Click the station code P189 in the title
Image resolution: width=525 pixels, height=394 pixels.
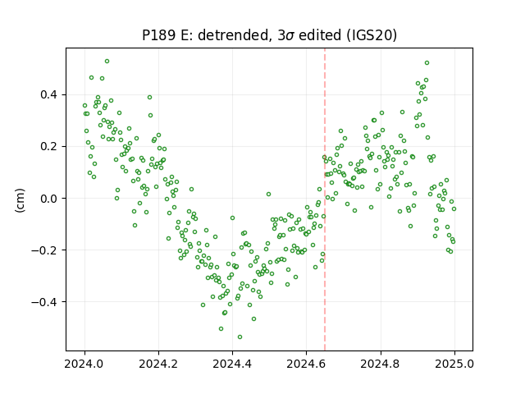[158, 35]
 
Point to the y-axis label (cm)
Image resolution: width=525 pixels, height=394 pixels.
[20, 200]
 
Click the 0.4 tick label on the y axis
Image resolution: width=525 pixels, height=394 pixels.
[49, 95]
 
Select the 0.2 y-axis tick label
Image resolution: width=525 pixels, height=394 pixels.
[49, 147]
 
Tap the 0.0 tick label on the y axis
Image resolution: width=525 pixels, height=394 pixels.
[49, 199]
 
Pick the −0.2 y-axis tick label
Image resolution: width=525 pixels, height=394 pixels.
[44, 250]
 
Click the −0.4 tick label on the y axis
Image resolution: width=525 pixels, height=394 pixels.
[44, 302]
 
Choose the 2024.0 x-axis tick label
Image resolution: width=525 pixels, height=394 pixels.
[84, 364]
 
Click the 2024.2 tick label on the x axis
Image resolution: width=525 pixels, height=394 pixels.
[158, 364]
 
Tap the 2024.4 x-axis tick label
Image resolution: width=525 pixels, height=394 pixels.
[232, 364]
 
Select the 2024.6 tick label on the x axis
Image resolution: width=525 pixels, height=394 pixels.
[306, 364]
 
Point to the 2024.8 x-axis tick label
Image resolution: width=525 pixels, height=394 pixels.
[381, 364]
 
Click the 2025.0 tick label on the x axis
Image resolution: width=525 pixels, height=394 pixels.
[454, 364]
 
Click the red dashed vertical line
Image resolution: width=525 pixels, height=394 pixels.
[325, 199]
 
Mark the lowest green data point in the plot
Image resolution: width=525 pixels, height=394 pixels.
[240, 337]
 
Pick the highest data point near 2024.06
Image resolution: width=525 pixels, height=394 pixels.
[107, 62]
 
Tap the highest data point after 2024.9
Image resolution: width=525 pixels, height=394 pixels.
[427, 62]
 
